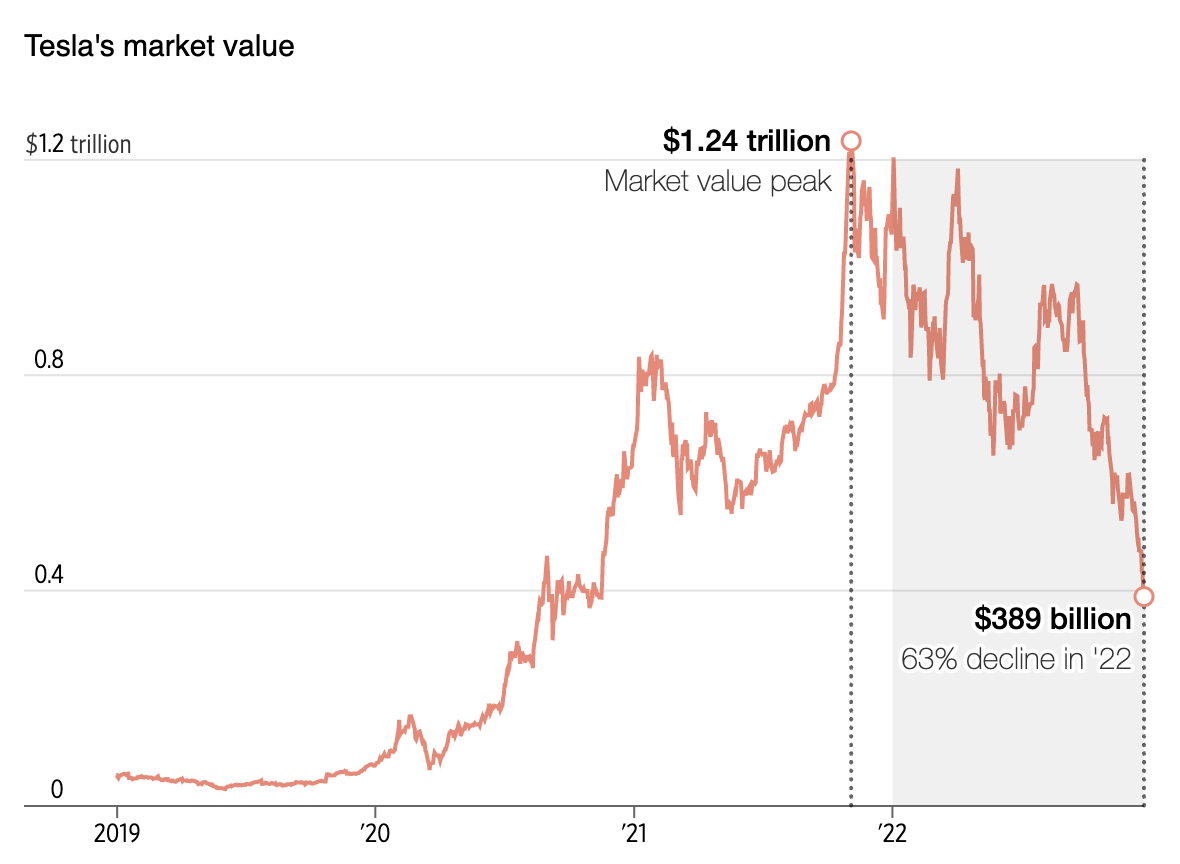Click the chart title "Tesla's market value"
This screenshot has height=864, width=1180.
(x=159, y=46)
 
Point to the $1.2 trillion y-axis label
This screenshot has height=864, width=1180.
(x=78, y=144)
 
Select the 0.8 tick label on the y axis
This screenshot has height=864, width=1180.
(x=49, y=360)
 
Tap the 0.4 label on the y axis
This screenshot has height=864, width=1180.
(x=49, y=576)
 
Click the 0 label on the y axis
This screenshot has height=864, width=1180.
(x=57, y=790)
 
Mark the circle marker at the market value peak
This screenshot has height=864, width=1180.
(x=851, y=141)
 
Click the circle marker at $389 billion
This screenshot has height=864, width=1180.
(x=1144, y=597)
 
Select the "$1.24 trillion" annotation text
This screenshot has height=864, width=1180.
(x=746, y=141)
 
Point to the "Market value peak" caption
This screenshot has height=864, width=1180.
(x=718, y=181)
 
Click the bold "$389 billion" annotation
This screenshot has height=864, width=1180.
(x=1053, y=620)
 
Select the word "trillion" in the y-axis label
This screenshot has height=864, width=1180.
(x=100, y=144)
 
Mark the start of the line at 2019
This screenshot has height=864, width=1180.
(x=117, y=775)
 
